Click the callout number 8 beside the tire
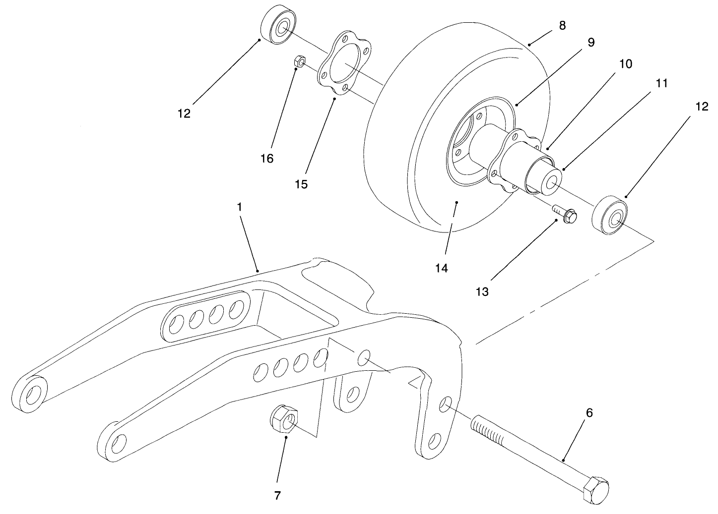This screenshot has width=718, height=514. click(x=562, y=25)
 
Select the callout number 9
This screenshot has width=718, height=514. click(x=590, y=42)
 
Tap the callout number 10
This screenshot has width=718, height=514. click(x=625, y=64)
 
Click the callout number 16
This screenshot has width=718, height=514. click(x=266, y=158)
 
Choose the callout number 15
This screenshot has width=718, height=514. click(x=301, y=184)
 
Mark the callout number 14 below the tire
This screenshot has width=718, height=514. click(x=441, y=268)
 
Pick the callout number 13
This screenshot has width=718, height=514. click(x=482, y=291)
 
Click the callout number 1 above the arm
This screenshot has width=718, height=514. click(x=239, y=207)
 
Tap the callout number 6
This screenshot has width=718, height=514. click(x=589, y=412)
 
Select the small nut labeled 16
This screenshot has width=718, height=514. click(x=299, y=62)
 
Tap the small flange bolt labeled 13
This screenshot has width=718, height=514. click(x=566, y=216)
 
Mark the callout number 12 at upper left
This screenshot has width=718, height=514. click(x=184, y=114)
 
